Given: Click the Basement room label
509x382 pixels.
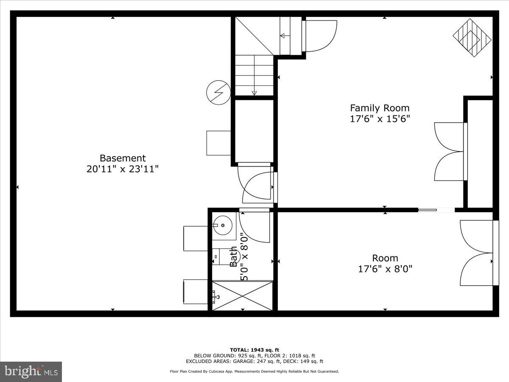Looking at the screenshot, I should tap(123, 158).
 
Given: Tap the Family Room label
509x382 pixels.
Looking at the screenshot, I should tap(379, 108).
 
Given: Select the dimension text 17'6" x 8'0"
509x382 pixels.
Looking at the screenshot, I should tap(385, 269).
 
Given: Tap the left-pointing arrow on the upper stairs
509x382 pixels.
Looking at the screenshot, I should tap(283, 36).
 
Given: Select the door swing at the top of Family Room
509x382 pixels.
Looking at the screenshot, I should tap(320, 36).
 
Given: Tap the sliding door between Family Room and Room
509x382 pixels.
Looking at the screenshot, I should tap(436, 210).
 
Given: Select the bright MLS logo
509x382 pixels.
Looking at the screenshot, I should tap(31, 372).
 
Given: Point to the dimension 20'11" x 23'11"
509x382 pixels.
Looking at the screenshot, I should tap(123, 169).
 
